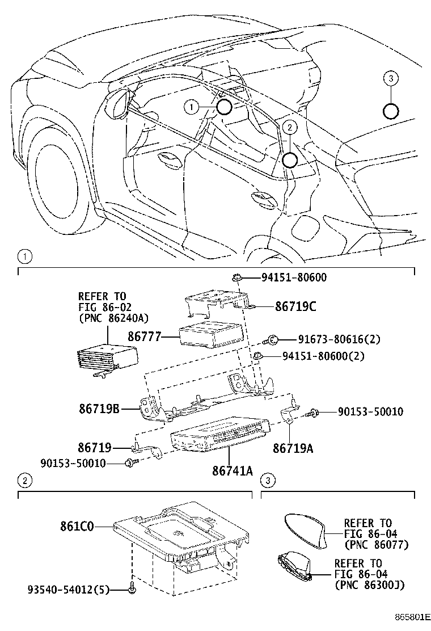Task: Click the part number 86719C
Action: click(295, 307)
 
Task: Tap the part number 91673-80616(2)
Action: click(339, 339)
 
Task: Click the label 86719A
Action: click(293, 449)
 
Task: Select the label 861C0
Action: click(77, 526)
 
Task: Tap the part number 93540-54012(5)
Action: click(69, 590)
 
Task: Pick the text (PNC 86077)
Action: click(376, 545)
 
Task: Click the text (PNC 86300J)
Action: click(369, 584)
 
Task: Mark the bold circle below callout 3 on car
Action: click(390, 111)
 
